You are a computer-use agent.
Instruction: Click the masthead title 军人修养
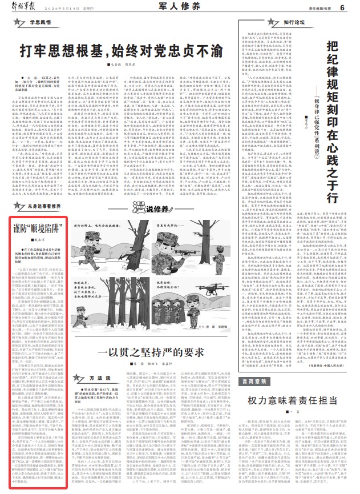pos(180,7)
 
